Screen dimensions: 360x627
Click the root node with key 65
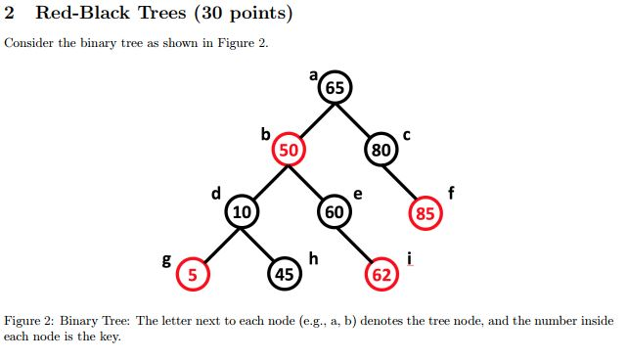point(336,87)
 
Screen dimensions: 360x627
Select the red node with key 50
point(289,150)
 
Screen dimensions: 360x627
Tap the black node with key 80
point(381,150)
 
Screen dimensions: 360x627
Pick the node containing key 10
point(241,211)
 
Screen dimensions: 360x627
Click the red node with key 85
point(425,212)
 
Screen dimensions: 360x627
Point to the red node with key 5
point(193,275)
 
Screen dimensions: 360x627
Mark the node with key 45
point(285,275)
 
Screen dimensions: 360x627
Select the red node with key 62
point(381,275)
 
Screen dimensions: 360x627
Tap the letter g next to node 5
point(166,260)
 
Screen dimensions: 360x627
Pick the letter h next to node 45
point(313,257)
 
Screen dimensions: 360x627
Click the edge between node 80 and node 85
point(403,181)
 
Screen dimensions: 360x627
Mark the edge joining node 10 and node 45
point(262,243)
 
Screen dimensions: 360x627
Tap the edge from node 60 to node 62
point(357,243)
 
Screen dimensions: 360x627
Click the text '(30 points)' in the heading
point(235,15)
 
